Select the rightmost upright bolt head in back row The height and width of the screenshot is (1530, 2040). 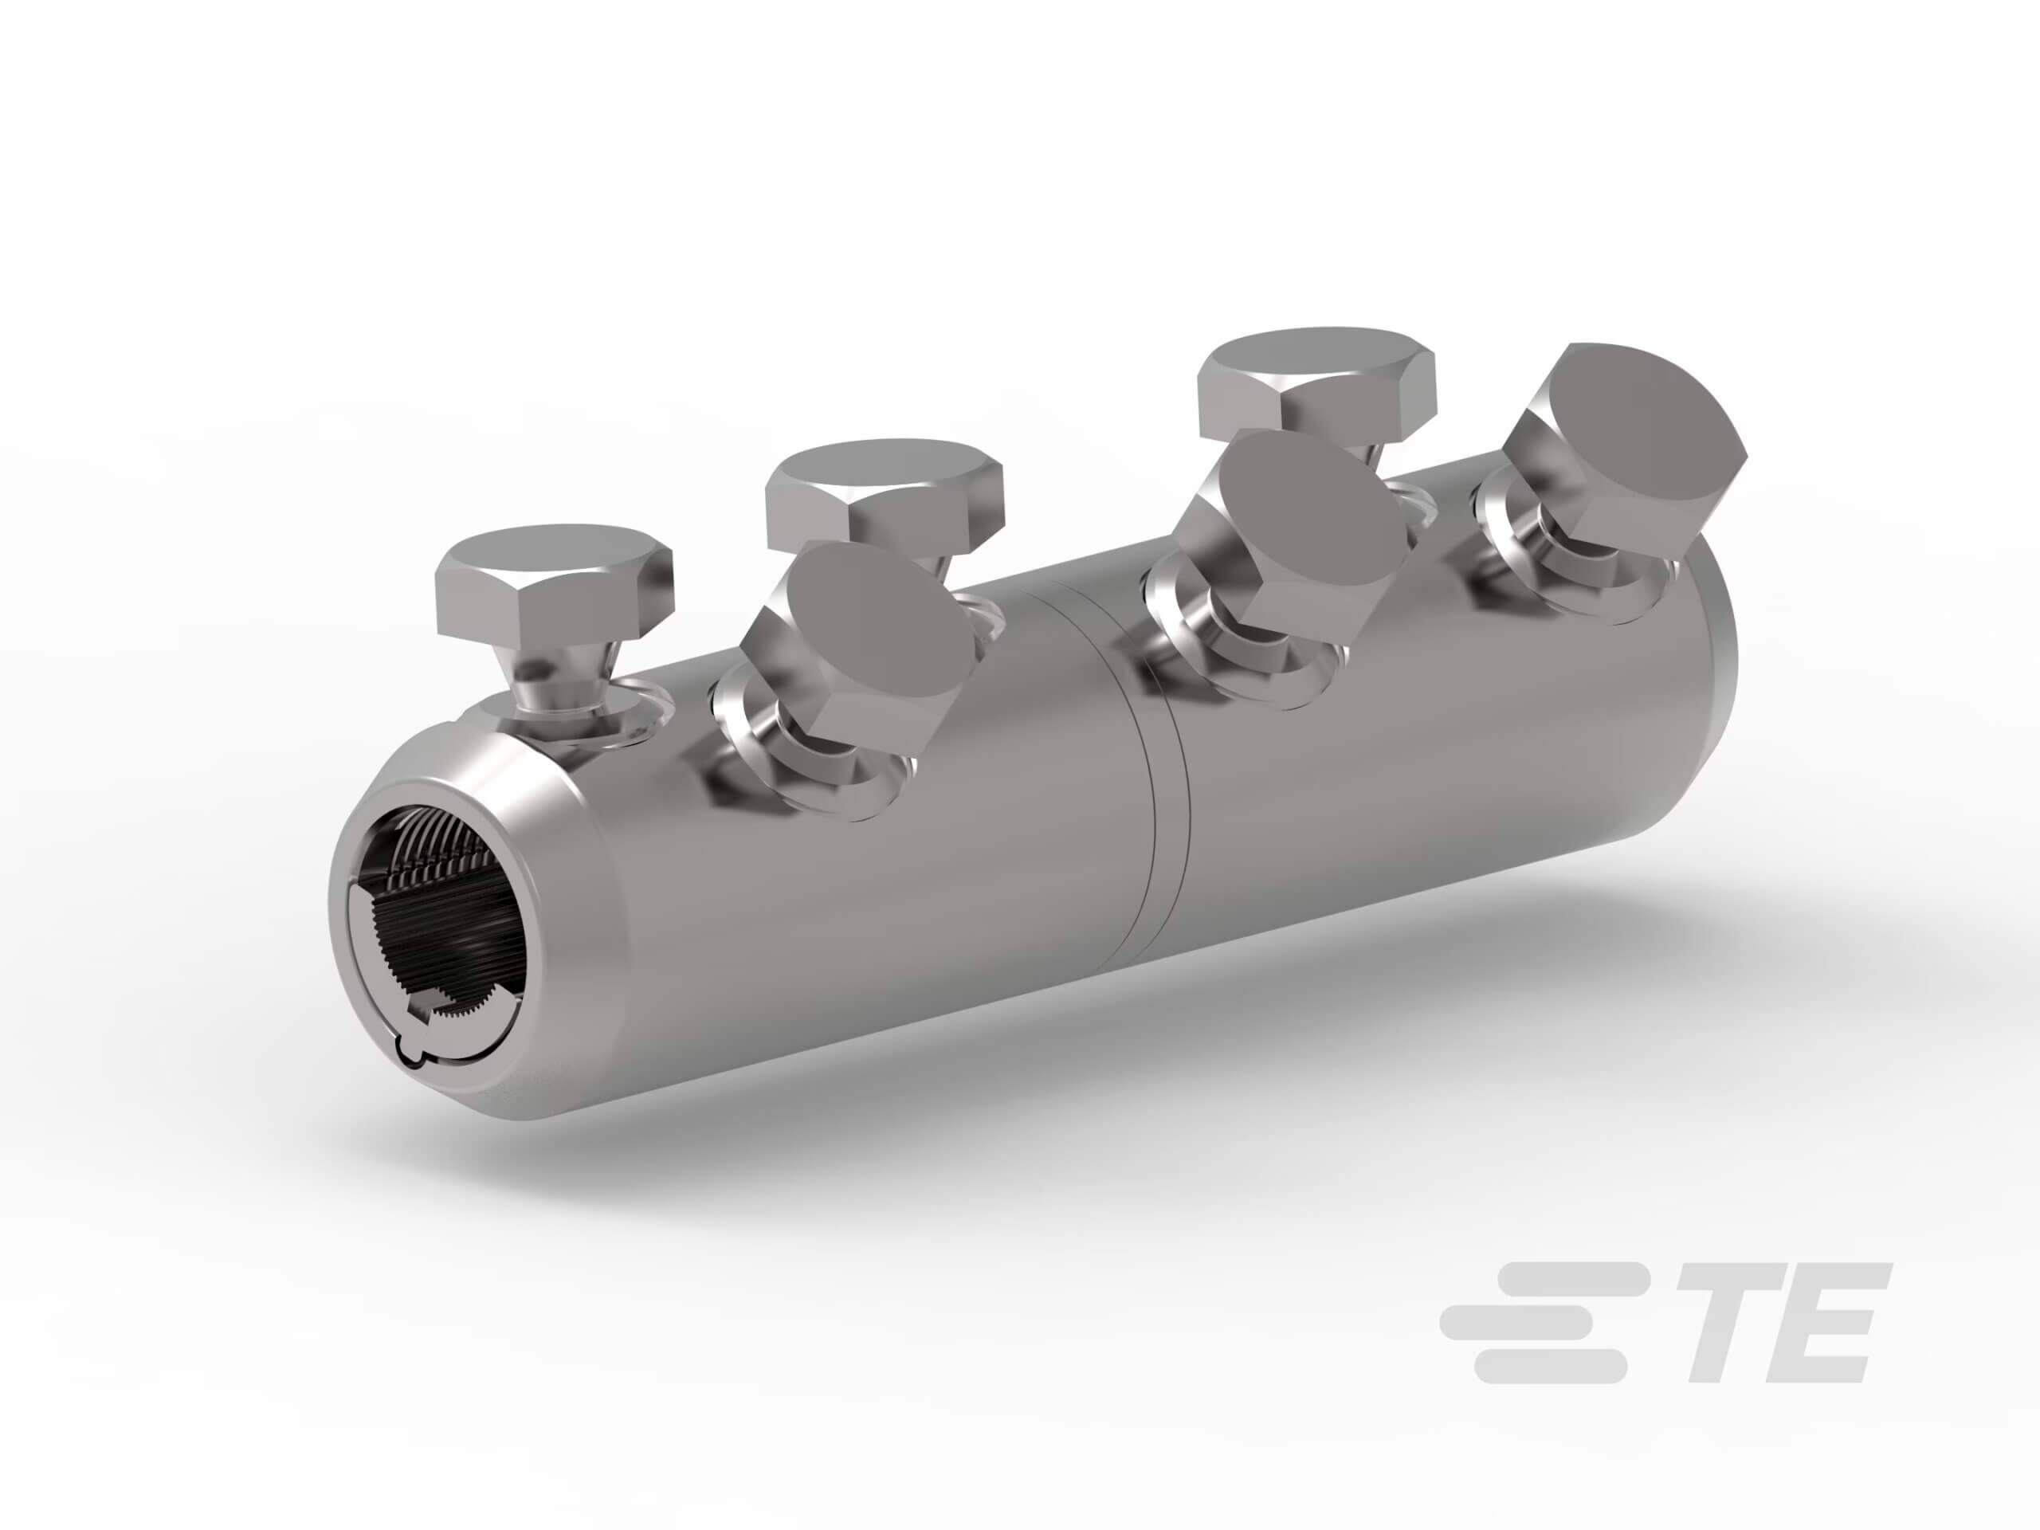[1317, 379]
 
